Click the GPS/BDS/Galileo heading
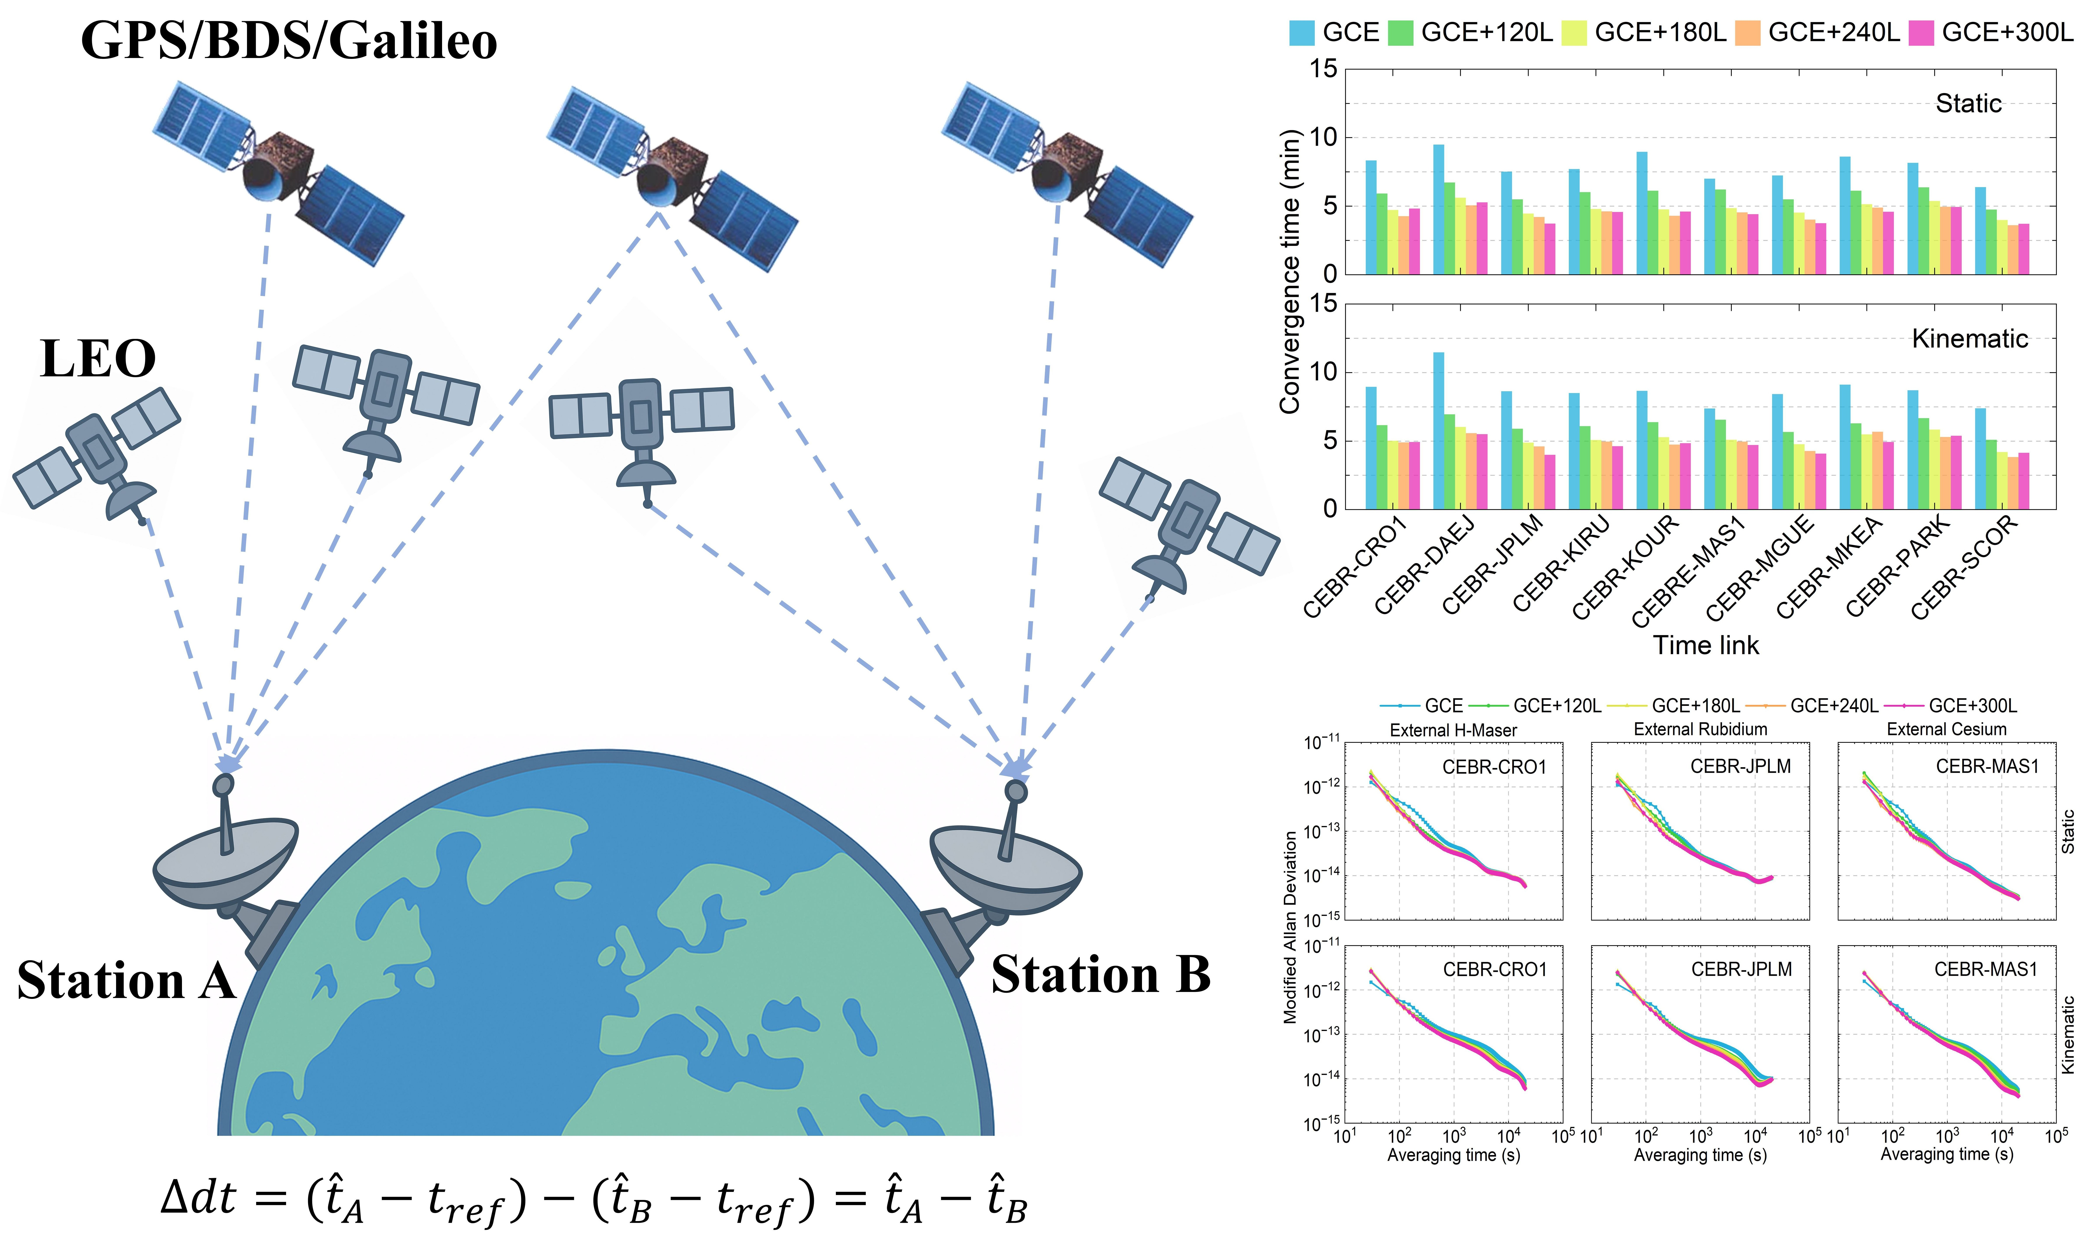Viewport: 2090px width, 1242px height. pos(289,40)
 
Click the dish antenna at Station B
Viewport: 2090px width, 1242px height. pos(1005,862)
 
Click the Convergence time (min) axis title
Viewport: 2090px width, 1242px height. pos(1289,272)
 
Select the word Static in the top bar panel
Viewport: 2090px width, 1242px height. pos(1968,104)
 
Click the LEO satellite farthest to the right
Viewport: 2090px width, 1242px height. pos(1187,523)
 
